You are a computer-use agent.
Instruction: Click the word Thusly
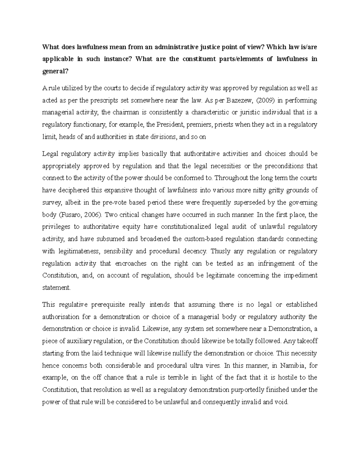221,251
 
